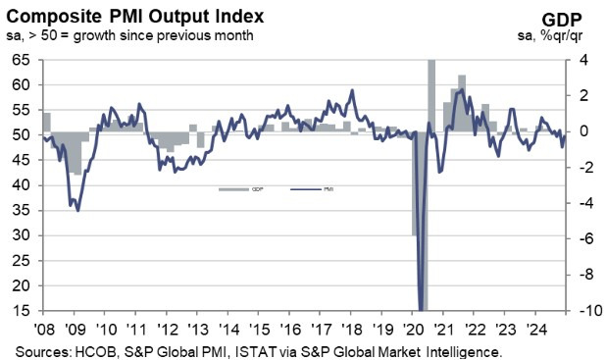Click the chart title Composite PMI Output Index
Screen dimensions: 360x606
pos(131,15)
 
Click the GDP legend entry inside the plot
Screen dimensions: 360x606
pos(233,187)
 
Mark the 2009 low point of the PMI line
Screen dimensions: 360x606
pos(77,209)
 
